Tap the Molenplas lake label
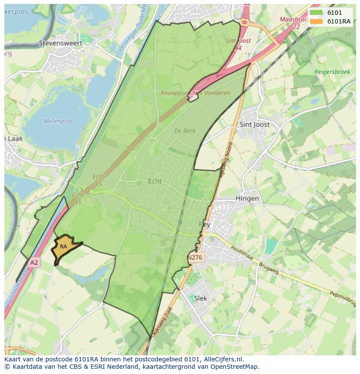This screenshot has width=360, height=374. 58,121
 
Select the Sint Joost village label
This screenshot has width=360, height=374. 254,125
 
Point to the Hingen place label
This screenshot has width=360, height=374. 247,199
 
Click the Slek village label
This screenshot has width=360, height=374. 201,298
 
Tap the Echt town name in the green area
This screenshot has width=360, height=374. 155,181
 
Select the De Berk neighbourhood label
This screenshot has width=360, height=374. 185,131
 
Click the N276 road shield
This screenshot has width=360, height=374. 196,257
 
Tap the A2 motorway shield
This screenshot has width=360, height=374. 34,262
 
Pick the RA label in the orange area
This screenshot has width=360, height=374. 63,247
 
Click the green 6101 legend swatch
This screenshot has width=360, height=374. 316,13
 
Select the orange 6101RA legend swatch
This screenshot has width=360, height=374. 316,21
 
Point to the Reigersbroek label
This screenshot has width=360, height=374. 332,72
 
